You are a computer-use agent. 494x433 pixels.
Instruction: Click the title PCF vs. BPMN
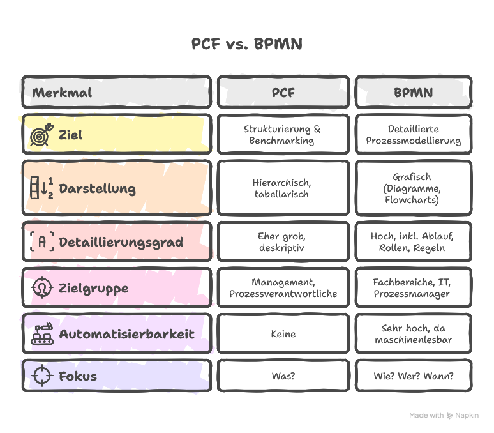[246, 44]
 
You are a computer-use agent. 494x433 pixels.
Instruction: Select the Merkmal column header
[116, 93]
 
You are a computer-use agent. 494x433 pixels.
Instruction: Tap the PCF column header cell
[283, 93]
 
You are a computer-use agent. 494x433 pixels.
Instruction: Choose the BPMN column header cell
[413, 93]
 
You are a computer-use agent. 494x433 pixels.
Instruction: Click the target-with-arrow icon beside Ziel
[40, 135]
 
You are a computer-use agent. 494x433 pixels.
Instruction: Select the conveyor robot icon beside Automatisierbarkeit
[41, 334]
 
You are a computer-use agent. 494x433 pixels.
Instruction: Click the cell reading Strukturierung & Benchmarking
[283, 135]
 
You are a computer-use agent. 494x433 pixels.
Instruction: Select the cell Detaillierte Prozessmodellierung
[413, 135]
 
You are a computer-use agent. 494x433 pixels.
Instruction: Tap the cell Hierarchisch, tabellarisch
[283, 188]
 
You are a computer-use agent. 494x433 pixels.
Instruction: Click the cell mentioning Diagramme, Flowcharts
[413, 188]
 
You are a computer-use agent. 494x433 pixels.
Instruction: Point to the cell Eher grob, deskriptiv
[283, 242]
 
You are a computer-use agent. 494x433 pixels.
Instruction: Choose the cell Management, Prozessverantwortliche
[283, 288]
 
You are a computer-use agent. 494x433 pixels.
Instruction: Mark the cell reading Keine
[283, 334]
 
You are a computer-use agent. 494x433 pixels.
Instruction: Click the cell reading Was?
[283, 376]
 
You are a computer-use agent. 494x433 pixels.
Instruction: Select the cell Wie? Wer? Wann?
[413, 376]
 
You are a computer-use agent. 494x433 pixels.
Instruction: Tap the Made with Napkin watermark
[444, 415]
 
